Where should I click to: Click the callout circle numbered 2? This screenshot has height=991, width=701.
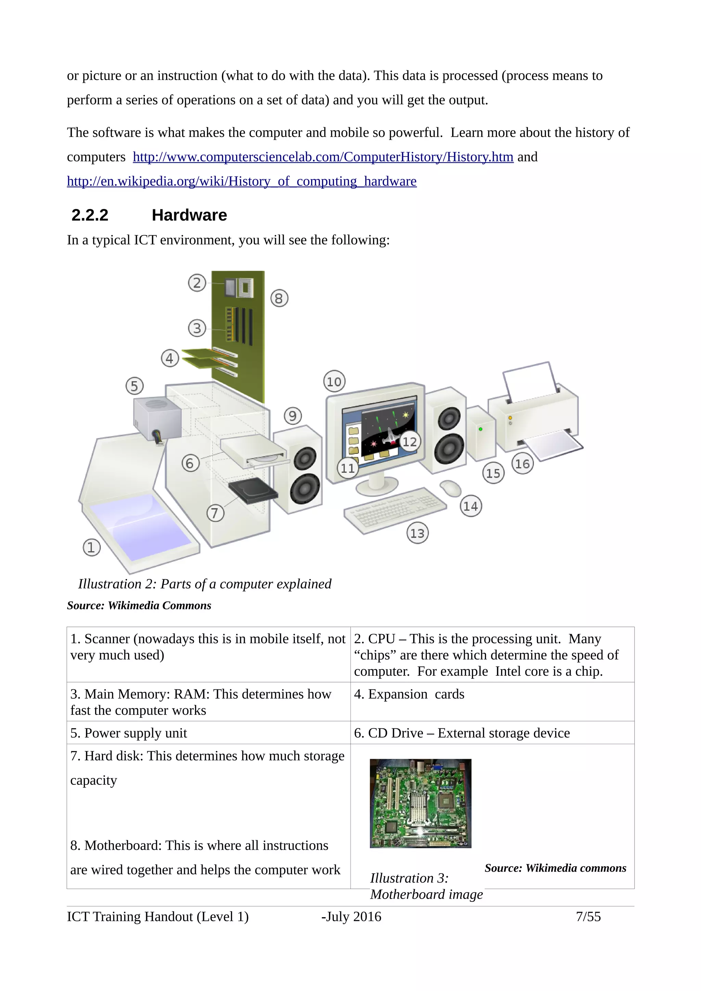coord(197,283)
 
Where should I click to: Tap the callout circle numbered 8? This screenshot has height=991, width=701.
coord(279,298)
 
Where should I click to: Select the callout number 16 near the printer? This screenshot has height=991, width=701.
coord(523,464)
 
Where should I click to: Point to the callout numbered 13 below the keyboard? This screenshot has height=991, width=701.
coord(417,533)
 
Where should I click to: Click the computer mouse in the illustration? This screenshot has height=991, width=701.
coord(450,488)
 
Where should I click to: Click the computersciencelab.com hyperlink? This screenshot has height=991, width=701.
coord(323,157)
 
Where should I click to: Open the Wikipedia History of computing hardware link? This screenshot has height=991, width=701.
coord(241,181)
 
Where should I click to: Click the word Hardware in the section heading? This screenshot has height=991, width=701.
coord(189,215)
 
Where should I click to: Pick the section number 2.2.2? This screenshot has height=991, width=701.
coord(90,215)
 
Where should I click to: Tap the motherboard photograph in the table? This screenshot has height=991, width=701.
coord(420,803)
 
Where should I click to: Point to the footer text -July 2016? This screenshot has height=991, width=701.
coord(351,916)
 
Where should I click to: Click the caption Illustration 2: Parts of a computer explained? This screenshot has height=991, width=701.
coord(204,584)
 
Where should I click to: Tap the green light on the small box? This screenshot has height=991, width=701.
coord(480,430)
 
